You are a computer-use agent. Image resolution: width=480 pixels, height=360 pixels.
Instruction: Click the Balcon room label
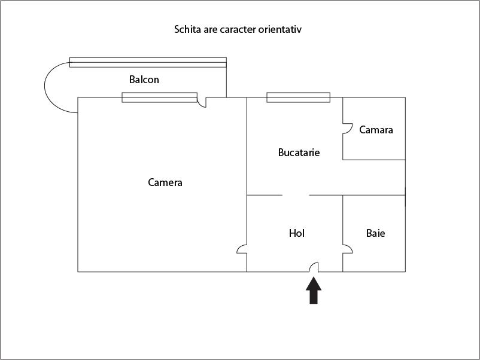click(144, 80)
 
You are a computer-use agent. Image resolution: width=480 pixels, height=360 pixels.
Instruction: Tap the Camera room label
click(165, 182)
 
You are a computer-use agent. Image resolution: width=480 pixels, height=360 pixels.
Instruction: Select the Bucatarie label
click(299, 152)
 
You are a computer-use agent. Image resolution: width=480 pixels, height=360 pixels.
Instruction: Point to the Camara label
click(376, 130)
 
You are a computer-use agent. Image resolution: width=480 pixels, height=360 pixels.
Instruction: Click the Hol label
click(297, 233)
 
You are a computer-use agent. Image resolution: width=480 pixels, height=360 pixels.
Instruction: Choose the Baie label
click(376, 233)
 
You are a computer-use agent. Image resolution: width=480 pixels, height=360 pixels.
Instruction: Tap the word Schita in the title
click(187, 29)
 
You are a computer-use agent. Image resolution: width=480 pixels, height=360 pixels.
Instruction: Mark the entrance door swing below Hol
click(313, 268)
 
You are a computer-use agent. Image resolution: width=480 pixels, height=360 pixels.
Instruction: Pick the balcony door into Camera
click(202, 102)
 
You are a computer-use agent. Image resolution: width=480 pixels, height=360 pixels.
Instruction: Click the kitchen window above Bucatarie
click(298, 97)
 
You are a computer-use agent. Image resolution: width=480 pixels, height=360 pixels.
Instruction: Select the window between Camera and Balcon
click(159, 97)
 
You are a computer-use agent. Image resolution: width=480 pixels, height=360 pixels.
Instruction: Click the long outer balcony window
click(148, 62)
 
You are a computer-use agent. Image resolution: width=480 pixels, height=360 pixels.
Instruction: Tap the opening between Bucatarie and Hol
click(296, 195)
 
